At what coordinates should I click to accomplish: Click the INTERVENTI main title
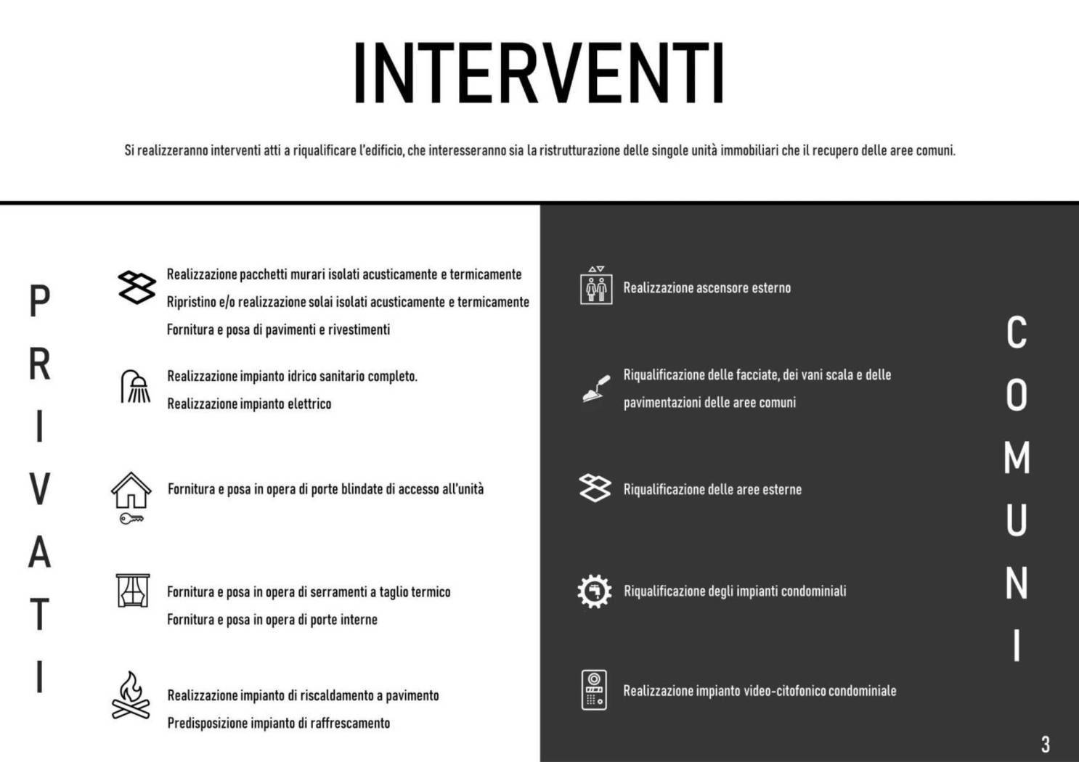(538, 74)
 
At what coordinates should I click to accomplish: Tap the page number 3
(1045, 744)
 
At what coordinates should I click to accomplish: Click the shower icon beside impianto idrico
(136, 386)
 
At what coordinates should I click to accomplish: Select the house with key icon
(131, 496)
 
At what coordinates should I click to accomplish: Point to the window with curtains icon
(132, 590)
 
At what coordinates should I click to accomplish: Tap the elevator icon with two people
(596, 285)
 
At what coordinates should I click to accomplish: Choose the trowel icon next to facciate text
(596, 388)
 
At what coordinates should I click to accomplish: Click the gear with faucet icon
(595, 591)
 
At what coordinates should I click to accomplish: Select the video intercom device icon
(594, 689)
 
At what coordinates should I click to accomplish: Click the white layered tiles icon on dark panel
(595, 488)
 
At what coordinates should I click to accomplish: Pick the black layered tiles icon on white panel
(137, 287)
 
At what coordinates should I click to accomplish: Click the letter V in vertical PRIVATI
(40, 489)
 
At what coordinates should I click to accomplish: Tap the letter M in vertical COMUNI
(1017, 458)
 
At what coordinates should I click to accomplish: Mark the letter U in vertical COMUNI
(1017, 520)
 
